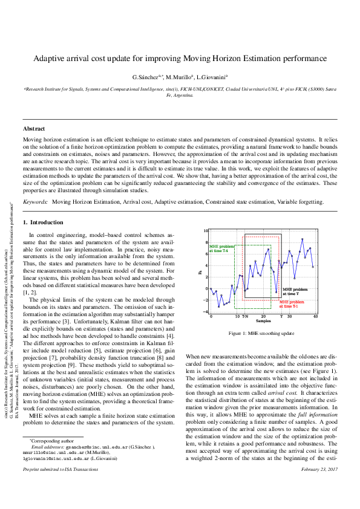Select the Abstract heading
click(x=34, y=129)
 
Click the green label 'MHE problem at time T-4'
click(x=218, y=248)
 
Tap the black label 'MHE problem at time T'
click(x=295, y=291)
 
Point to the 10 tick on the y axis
click(x=206, y=231)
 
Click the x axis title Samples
click(x=263, y=322)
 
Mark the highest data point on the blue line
click(x=303, y=239)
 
